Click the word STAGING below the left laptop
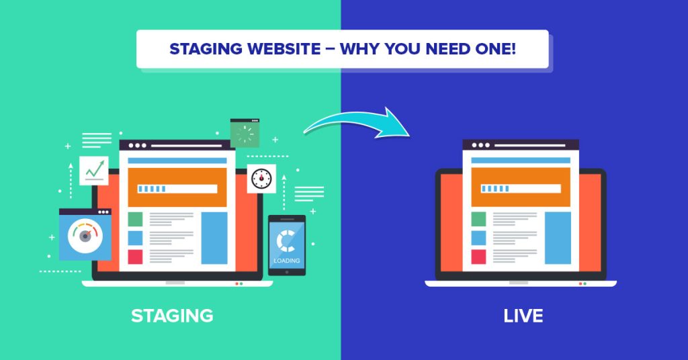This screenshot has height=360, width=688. (172, 315)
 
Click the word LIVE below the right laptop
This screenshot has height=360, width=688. (523, 315)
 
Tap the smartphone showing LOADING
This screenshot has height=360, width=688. (287, 245)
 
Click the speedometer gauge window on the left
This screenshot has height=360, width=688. (85, 234)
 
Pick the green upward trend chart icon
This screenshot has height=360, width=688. (93, 171)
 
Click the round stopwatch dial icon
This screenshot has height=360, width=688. (261, 179)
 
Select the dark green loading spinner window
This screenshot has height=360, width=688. (245, 133)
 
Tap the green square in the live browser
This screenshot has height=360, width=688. (478, 219)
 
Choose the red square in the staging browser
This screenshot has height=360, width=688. (135, 257)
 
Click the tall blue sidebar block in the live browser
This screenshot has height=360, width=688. (558, 238)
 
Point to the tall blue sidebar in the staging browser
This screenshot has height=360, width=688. (214, 238)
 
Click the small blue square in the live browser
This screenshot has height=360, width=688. (478, 238)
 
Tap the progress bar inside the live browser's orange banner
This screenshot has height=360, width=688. (521, 189)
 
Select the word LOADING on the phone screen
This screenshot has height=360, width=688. (287, 261)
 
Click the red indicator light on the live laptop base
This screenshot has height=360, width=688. (580, 283)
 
